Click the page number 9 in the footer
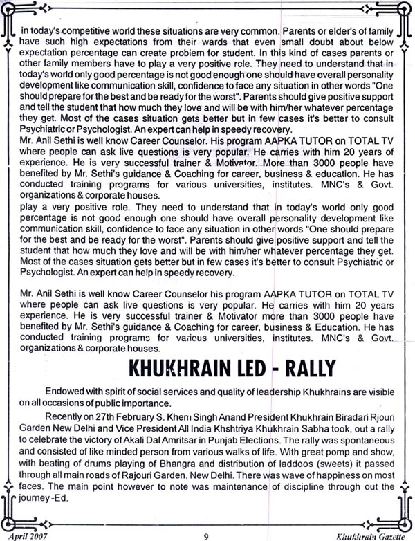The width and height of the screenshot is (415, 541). (205, 534)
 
